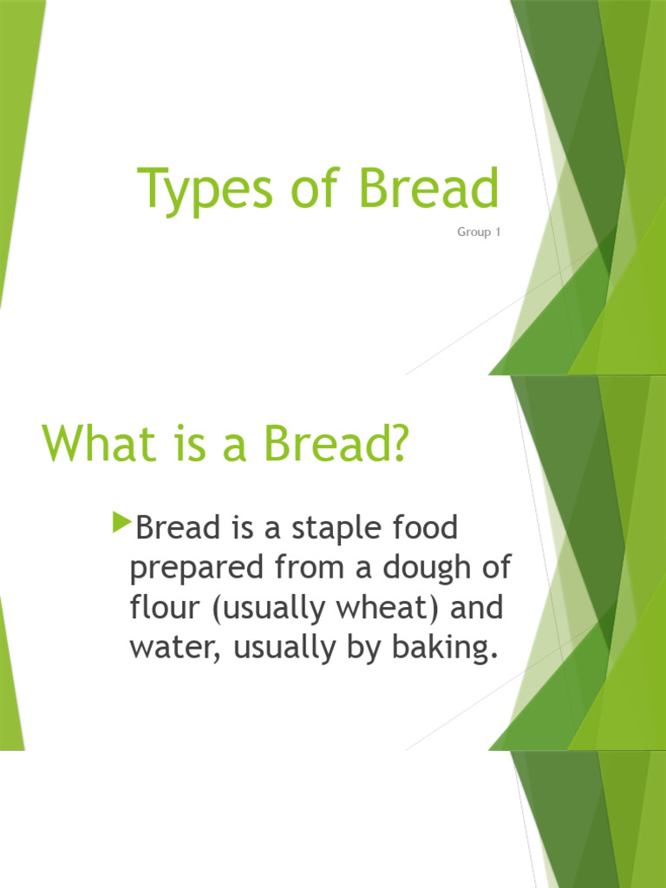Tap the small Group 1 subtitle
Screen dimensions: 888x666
479,233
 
